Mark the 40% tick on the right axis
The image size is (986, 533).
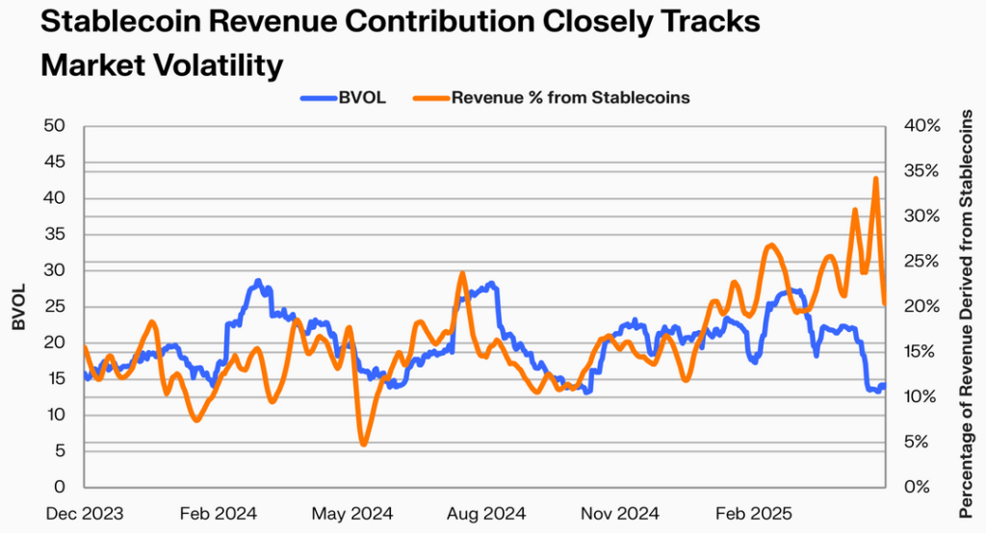coord(920,126)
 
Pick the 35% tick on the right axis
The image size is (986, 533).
coord(920,171)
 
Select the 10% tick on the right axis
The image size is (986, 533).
coord(920,396)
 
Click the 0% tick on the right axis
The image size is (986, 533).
coord(916,487)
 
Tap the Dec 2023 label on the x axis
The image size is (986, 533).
coord(85,514)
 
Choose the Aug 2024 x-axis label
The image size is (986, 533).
coord(486,514)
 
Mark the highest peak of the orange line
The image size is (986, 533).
coord(875,179)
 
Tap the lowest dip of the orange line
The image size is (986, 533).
coord(363,444)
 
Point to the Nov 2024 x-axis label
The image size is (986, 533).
coord(619,514)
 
